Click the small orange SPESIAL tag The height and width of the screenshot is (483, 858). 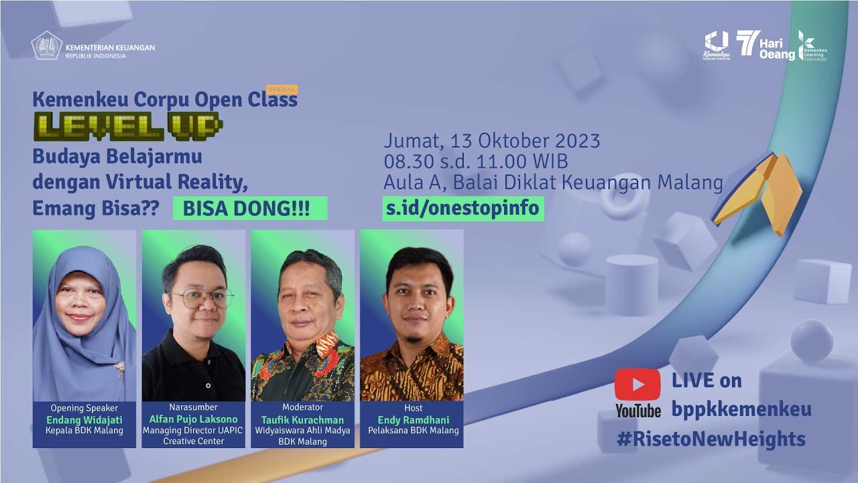(282, 89)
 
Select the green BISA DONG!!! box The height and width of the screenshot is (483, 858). (250, 209)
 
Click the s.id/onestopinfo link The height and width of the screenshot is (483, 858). (463, 208)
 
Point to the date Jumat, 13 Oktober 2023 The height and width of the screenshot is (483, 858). (491, 142)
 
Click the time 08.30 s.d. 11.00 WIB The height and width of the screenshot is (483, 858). (476, 162)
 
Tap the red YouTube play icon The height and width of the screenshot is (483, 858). (637, 384)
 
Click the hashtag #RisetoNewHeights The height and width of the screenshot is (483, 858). (711, 439)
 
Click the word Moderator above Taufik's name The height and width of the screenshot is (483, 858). (302, 407)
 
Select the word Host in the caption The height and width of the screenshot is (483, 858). (413, 408)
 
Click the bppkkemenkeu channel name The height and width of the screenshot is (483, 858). (741, 409)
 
